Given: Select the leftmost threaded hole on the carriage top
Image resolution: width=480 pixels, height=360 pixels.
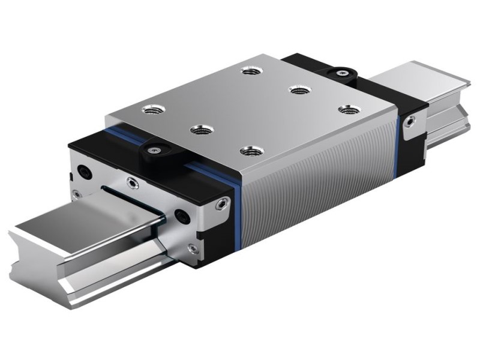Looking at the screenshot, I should [149, 109].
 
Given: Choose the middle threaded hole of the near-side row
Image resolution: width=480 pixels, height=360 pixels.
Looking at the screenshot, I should [199, 129].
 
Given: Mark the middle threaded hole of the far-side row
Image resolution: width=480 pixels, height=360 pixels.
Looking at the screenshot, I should [298, 90].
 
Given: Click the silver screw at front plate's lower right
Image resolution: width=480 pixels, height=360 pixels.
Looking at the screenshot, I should [191, 247].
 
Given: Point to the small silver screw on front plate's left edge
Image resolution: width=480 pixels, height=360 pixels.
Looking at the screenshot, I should [75, 193].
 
